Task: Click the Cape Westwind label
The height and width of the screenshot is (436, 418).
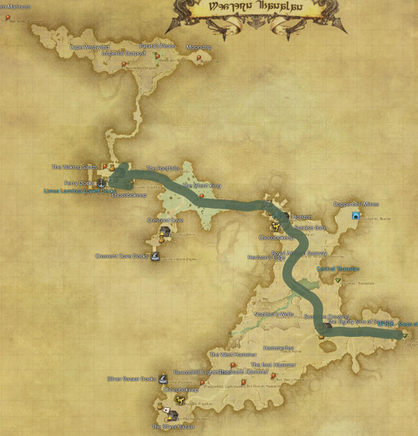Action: coord(89,47)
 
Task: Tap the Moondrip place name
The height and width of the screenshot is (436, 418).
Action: coord(198,47)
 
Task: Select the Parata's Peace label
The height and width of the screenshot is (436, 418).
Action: coord(157,46)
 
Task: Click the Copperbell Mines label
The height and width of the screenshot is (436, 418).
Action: coord(356,204)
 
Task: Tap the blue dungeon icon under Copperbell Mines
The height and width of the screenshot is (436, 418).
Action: coord(356,216)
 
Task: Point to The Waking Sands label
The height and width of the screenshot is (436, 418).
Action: coord(74,167)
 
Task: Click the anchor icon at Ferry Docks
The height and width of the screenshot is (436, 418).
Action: coord(102,183)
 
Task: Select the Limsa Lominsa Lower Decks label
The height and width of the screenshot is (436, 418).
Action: coord(79,191)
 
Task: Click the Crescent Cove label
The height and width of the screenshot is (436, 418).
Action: coord(165,220)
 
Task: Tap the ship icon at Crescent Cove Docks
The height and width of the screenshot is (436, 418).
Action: coord(156,256)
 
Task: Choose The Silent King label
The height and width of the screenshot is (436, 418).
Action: coord(202,186)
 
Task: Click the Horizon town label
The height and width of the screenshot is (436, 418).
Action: coord(302,217)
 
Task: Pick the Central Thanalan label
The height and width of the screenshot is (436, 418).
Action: coord(338,269)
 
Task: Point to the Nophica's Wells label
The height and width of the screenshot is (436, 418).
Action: coord(274,314)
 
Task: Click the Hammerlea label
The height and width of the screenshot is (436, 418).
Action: coord(278,348)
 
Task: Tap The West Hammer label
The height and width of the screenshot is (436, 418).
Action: coord(233,354)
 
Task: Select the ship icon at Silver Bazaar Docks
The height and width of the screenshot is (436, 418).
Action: coord(163,379)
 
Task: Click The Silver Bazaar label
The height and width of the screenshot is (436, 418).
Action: coord(173,426)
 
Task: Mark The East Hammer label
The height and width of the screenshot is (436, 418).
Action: coord(273,365)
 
